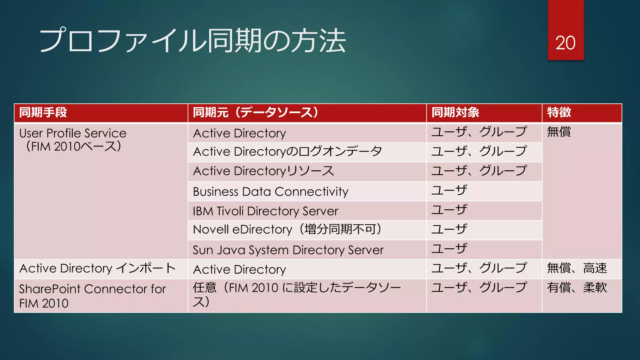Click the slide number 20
tap(565, 43)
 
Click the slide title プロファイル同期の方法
tap(192, 41)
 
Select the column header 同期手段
tap(43, 112)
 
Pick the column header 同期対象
tap(455, 112)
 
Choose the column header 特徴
tap(559, 112)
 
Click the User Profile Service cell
tap(73, 140)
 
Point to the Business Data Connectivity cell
tap(271, 192)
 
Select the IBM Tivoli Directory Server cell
tap(265, 211)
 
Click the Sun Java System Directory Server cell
tap(288, 250)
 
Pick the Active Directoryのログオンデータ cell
tap(287, 152)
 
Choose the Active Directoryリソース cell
tap(263, 171)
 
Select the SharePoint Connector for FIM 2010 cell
tap(92, 296)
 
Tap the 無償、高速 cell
tap(577, 268)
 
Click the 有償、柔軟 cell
tap(577, 288)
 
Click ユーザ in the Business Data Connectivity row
tap(449, 190)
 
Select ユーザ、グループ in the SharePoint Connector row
tap(479, 288)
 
